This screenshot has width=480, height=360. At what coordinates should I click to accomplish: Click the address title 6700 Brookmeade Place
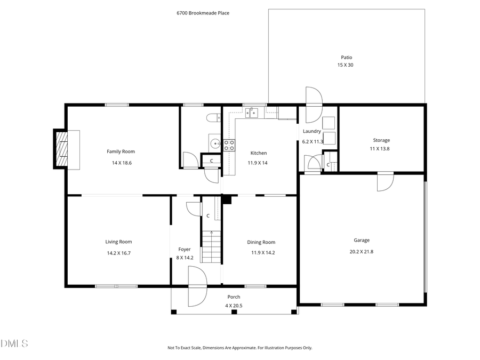(x=203, y=13)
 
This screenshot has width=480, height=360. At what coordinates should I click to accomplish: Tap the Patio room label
(x=346, y=57)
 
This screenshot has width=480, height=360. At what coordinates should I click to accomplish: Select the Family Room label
(x=121, y=151)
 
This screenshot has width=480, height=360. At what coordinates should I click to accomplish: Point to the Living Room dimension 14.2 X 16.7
(x=118, y=253)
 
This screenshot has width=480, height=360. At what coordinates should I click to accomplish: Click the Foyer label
(x=184, y=249)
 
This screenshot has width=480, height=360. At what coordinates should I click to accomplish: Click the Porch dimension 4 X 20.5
(x=234, y=306)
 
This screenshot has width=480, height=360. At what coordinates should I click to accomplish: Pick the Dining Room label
(x=261, y=242)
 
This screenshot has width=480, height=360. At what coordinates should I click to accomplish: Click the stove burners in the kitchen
(x=229, y=145)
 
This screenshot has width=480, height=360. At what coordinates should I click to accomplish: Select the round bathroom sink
(x=214, y=143)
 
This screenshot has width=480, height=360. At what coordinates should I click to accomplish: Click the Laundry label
(x=311, y=131)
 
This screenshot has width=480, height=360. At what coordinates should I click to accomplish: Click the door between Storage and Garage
(x=385, y=181)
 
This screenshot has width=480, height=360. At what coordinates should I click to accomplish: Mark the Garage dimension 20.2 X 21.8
(x=361, y=251)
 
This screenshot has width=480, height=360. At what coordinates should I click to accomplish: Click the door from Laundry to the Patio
(x=313, y=99)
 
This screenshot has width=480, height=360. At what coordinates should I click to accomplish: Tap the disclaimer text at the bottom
(x=239, y=348)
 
